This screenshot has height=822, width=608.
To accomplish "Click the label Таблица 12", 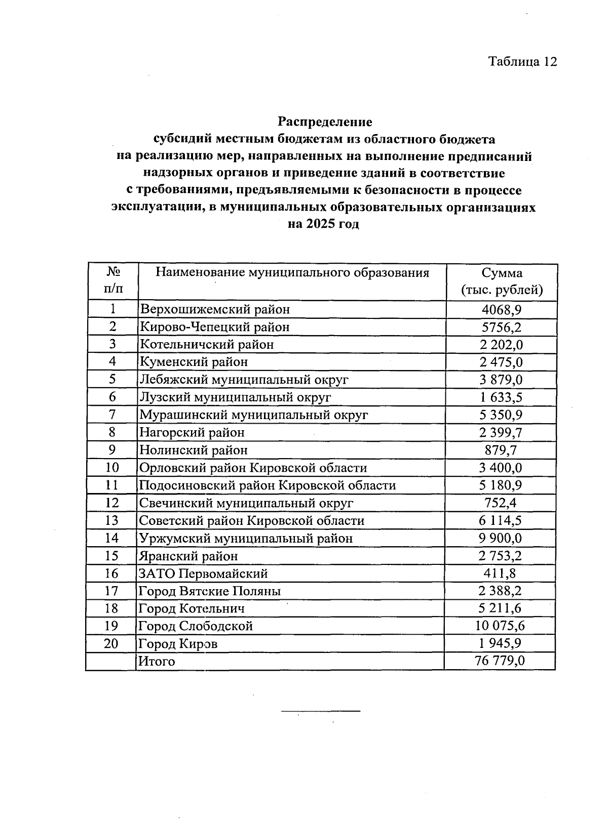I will (522, 61).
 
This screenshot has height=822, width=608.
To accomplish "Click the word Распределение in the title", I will (324, 122).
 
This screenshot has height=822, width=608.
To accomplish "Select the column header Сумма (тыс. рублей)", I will (502, 281).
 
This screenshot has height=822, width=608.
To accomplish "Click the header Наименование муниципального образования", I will (292, 273).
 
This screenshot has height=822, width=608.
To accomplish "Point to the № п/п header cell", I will (112, 281).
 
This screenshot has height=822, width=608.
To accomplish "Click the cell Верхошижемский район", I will (215, 309).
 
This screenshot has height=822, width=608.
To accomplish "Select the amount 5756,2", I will (502, 327).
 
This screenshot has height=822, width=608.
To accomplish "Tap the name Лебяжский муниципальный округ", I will (244, 380).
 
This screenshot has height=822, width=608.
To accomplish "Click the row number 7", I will (112, 415).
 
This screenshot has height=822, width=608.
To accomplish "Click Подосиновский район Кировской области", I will (267, 485).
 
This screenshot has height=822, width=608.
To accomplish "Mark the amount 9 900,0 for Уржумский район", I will (501, 538).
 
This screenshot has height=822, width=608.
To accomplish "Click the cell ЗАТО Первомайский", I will (203, 573).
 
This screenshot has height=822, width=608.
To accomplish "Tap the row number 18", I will (111, 608).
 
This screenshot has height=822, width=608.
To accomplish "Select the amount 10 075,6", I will (500, 626).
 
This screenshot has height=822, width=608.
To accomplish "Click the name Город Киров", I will (178, 644).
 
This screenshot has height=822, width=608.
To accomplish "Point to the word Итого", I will (157, 662).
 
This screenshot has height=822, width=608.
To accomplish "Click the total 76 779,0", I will (500, 662).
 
